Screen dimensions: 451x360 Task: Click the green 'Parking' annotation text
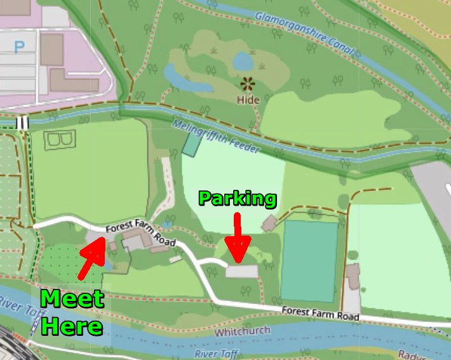[x=237, y=199]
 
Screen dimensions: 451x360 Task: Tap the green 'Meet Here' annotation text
[x=72, y=312]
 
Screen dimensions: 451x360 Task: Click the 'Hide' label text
[x=248, y=100]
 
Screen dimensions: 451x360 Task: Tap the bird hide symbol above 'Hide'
[x=246, y=83]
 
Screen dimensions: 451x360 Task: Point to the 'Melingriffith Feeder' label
[x=215, y=137]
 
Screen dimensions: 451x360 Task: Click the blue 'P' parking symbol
[x=20, y=46]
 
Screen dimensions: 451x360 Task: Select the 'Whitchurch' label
[x=242, y=331]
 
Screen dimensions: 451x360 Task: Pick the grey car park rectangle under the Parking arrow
[x=241, y=272]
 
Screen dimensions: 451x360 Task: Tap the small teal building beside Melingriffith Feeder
[x=191, y=145]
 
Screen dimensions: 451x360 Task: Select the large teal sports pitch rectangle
[x=309, y=260]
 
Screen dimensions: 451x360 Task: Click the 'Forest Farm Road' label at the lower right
[x=320, y=313]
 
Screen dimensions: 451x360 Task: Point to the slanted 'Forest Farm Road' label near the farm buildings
[x=140, y=234]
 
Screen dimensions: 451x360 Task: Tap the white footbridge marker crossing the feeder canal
[x=23, y=122]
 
